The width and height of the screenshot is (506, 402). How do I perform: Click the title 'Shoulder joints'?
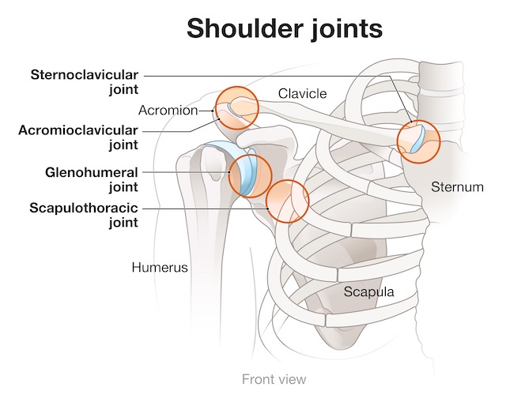(285, 29)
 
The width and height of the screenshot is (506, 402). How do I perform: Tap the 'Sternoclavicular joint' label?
(85, 82)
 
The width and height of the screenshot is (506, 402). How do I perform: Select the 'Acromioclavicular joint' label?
(78, 137)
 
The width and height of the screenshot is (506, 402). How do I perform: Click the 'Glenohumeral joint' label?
(92, 179)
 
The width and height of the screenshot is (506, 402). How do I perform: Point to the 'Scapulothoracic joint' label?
(84, 215)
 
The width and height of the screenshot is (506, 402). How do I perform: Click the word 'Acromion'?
(168, 111)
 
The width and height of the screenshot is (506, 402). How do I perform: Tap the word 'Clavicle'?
(302, 94)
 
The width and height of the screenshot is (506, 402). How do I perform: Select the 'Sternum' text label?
(457, 187)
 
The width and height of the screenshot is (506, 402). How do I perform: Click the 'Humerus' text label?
(160, 267)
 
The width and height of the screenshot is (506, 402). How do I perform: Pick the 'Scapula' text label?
(368, 291)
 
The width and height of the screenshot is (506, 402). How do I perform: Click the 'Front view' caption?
(274, 379)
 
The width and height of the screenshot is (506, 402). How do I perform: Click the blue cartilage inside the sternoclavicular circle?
(418, 139)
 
